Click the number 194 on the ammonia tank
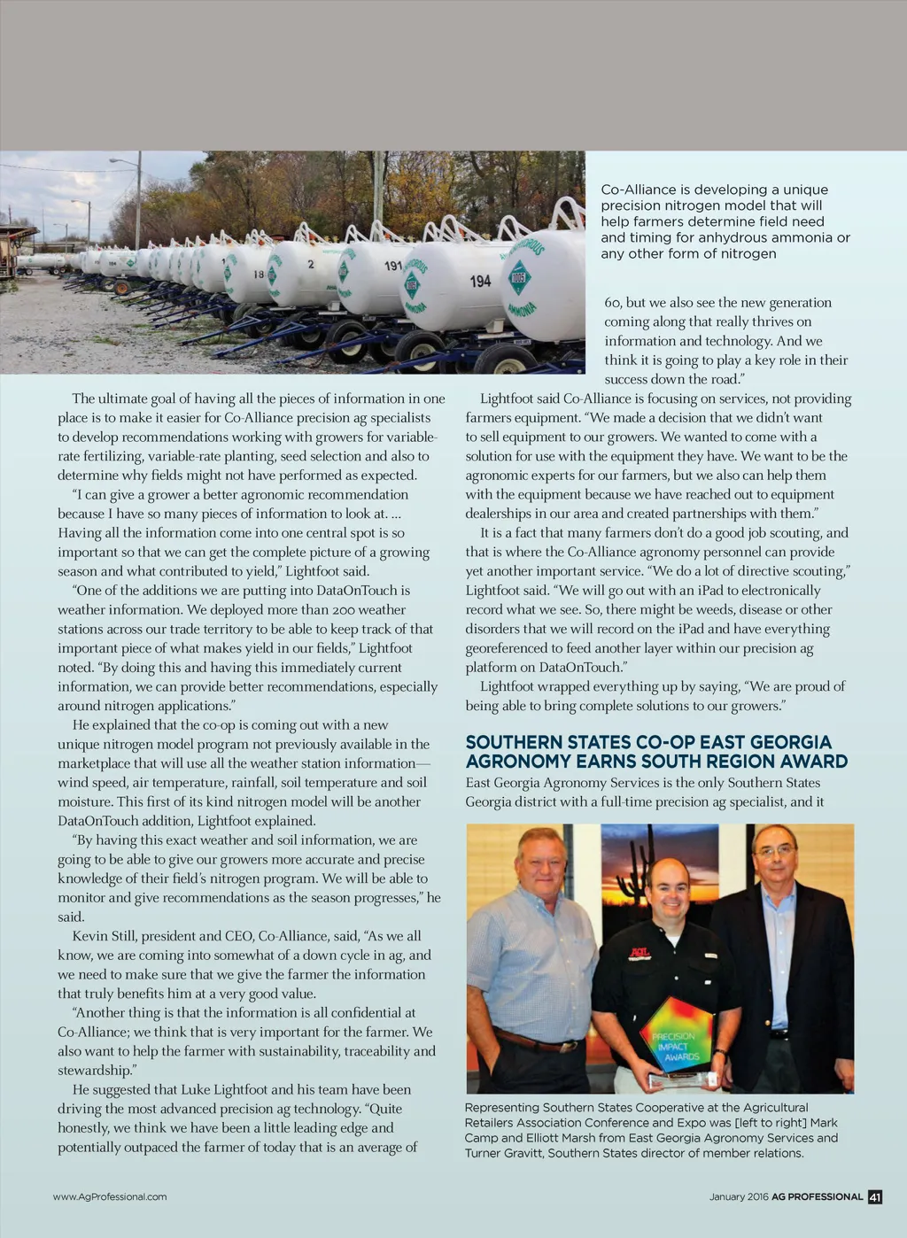click(x=480, y=281)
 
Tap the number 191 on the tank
click(x=393, y=266)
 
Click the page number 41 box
click(x=875, y=1197)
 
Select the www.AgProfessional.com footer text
click(x=110, y=1197)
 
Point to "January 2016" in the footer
click(x=739, y=1197)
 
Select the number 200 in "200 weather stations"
click(x=346, y=609)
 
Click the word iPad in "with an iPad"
click(x=709, y=590)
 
